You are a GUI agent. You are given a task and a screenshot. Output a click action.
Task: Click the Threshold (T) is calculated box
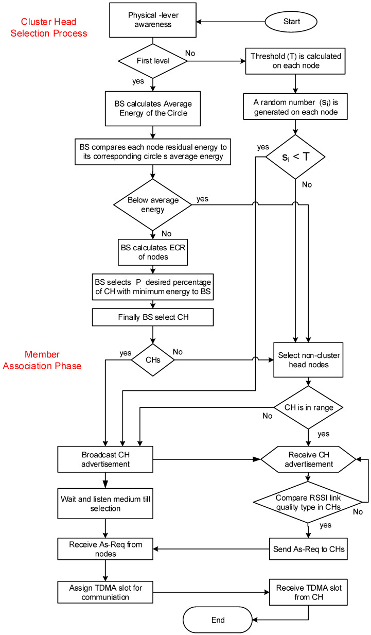pyautogui.click(x=294, y=61)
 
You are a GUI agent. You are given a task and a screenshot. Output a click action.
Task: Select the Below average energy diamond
pyautogui.click(x=153, y=204)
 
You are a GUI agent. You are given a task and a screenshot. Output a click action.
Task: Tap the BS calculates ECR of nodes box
pyautogui.click(x=153, y=251)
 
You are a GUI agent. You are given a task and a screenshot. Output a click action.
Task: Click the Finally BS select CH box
pyautogui.click(x=153, y=317)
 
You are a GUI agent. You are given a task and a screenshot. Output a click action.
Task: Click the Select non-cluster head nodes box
pyautogui.click(x=307, y=359)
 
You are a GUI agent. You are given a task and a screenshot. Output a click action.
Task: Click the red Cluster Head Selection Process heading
pyautogui.click(x=54, y=27)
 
